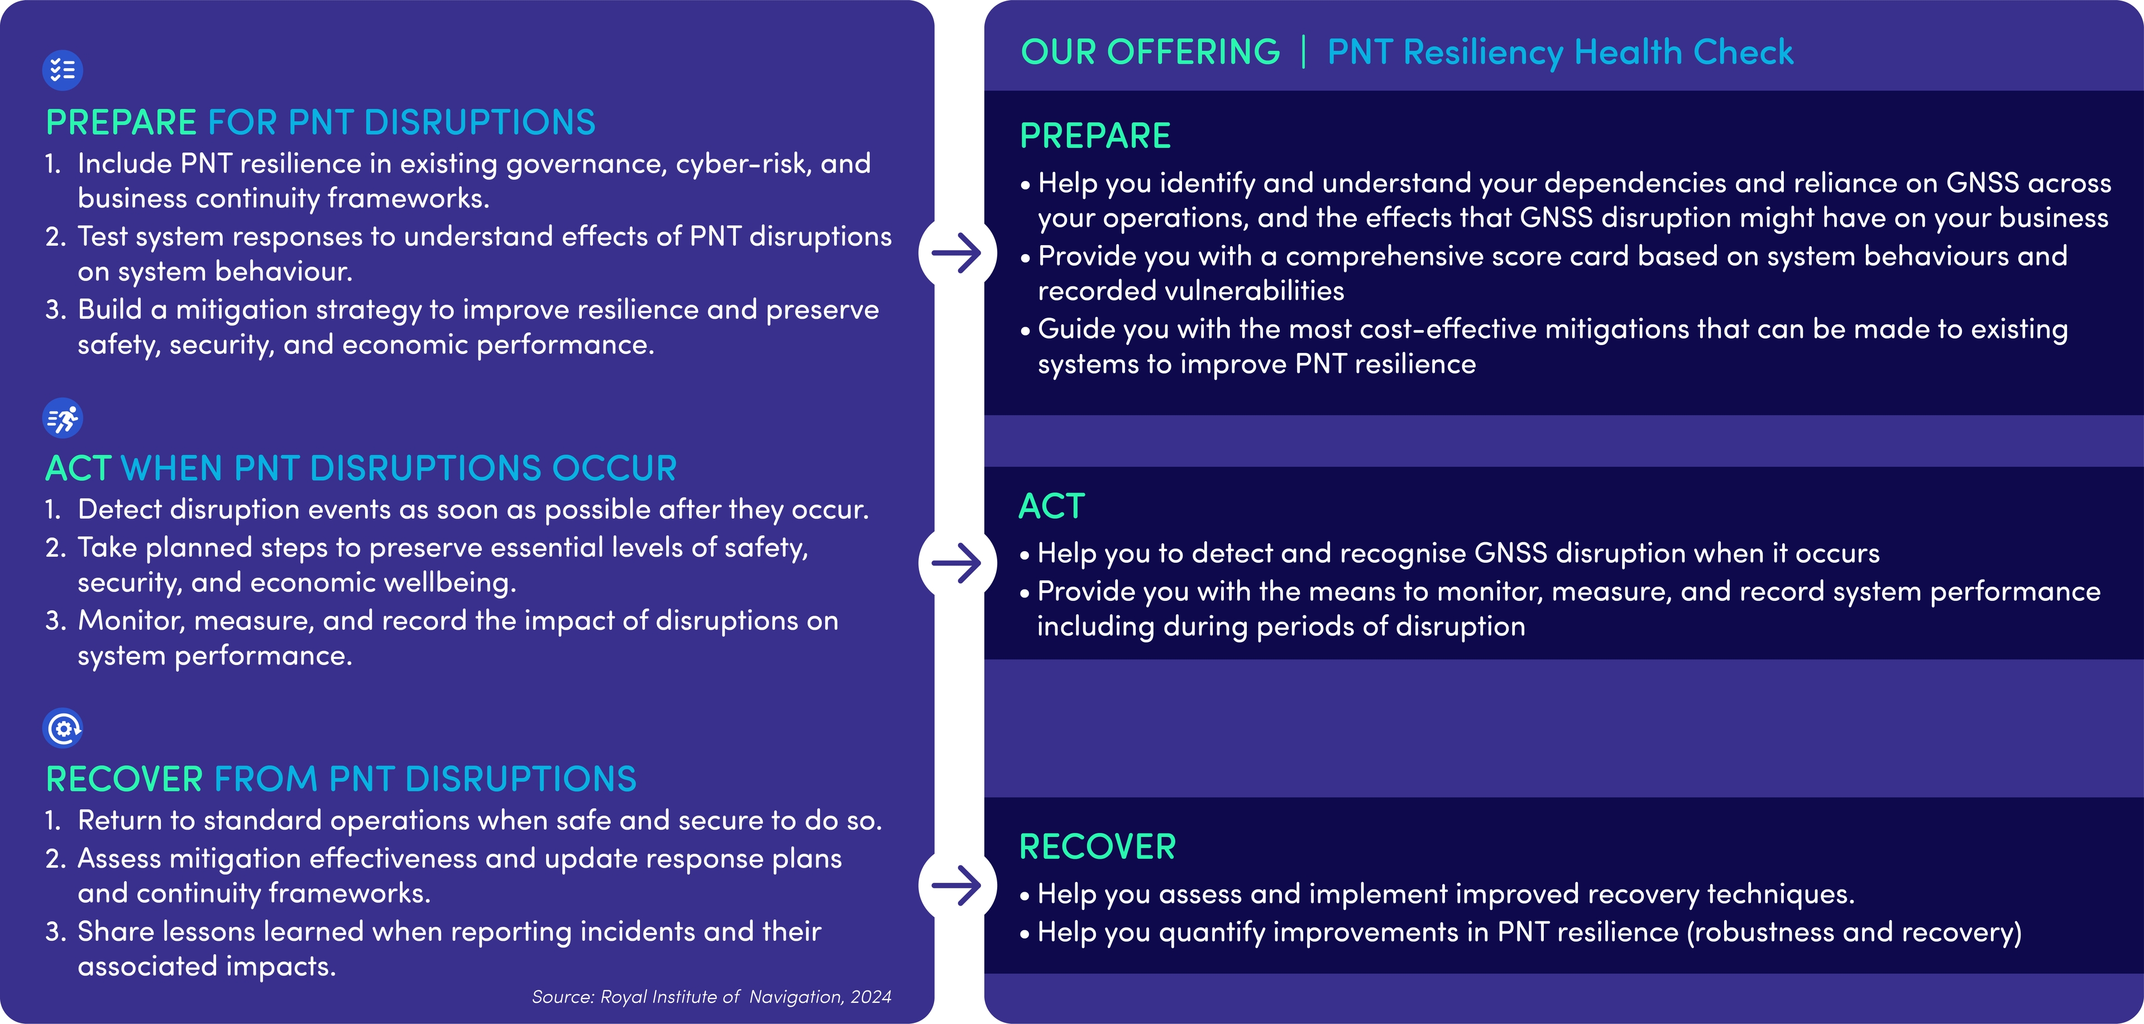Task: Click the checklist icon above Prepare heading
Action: pos(63,70)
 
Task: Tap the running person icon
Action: pos(63,419)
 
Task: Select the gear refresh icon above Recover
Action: pos(63,729)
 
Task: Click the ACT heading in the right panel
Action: pos(1052,506)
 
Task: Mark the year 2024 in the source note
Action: pos(870,997)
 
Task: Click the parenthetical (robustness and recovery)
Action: pos(1854,932)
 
